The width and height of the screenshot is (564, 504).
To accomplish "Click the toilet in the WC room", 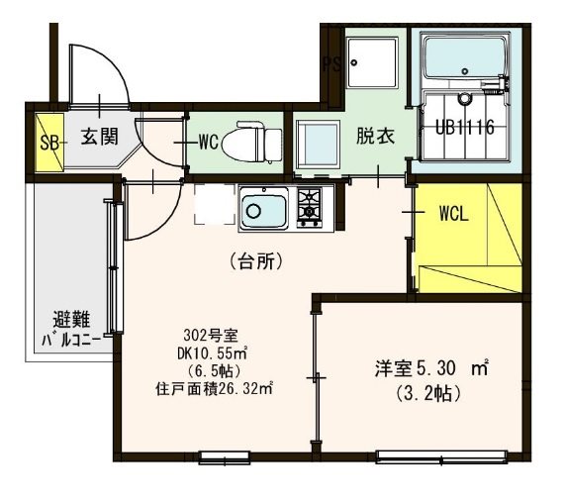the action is click(251, 143).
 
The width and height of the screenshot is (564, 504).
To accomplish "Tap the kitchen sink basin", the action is click(264, 210).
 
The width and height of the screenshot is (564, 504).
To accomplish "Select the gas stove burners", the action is click(310, 208).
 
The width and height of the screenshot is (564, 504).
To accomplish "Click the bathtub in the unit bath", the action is click(467, 60).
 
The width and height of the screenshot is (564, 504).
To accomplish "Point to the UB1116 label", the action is click(465, 127).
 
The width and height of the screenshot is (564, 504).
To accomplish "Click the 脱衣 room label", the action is click(375, 136).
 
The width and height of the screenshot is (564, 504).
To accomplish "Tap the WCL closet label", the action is click(454, 214).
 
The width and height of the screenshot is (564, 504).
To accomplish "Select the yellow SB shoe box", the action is click(49, 143).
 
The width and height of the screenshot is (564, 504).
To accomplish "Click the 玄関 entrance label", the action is click(99, 137).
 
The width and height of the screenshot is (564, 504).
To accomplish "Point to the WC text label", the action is click(209, 143).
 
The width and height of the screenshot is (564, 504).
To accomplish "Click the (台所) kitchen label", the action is click(256, 261).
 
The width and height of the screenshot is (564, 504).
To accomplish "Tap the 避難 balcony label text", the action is click(71, 319).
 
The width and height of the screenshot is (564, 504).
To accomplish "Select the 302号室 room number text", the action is click(211, 336).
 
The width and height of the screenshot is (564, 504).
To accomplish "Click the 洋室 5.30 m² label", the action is click(431, 368).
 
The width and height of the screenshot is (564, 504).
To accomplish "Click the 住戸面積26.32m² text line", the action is click(215, 389).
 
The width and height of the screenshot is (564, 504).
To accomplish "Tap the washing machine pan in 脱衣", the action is click(318, 148).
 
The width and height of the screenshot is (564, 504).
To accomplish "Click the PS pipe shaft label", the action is click(332, 64).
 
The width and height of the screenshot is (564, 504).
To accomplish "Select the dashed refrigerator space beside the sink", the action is click(215, 204).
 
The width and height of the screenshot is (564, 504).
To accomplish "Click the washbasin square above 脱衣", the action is click(373, 62).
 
